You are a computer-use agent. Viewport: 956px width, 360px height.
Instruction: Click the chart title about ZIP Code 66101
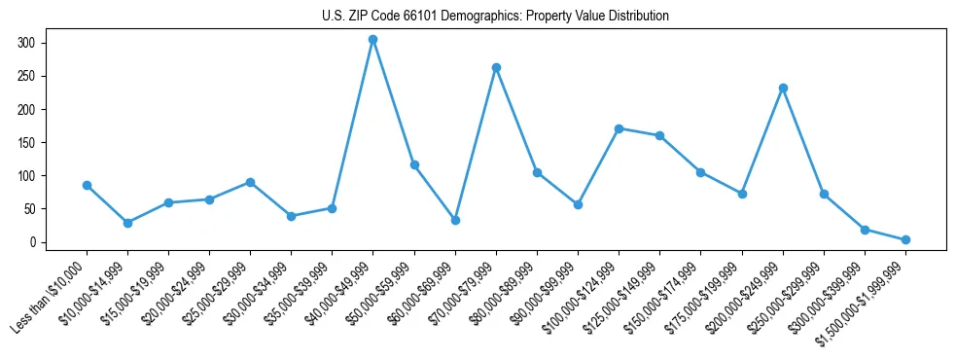pos(495,16)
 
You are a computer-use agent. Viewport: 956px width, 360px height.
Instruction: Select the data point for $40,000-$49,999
pos(372,40)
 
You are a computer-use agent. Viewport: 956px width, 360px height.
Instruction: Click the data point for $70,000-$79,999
pos(496,68)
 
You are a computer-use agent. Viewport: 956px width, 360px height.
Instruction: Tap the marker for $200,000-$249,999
pos(783,88)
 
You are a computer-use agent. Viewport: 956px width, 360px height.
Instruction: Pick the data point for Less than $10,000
pos(87,185)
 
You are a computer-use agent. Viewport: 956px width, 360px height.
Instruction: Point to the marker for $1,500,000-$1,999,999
pos(905,239)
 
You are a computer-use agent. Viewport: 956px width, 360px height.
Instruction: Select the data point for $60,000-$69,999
pos(455,220)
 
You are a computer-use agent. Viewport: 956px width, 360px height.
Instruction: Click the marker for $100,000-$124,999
pos(619,128)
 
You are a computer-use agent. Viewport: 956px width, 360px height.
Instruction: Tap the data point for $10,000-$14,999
pos(127,223)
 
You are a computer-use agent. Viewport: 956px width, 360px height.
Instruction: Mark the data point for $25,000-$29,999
pos(250,182)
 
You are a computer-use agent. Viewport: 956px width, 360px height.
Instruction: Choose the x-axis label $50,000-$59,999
pos(384,292)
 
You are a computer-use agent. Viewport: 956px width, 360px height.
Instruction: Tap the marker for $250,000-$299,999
pos(824,195)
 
